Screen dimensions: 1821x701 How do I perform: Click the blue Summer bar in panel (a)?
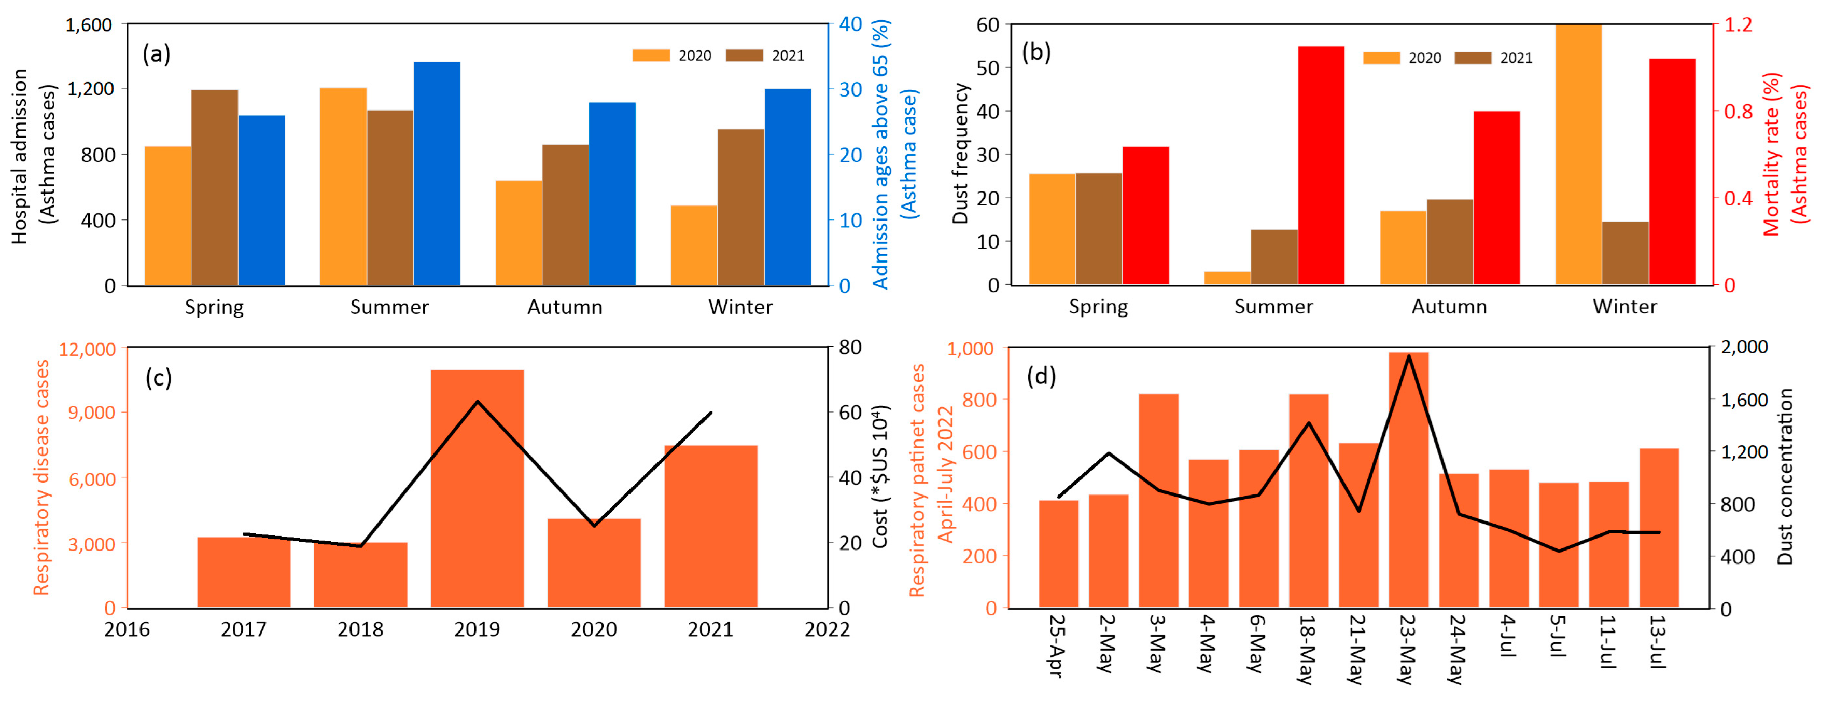(437, 174)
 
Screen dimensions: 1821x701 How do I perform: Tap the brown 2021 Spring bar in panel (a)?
(215, 187)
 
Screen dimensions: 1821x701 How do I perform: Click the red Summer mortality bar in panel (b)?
(1321, 166)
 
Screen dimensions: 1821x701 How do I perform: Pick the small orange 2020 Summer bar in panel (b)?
(1227, 278)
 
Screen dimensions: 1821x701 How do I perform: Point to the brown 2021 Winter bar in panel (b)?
(1625, 253)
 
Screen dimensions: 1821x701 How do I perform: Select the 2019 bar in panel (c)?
(477, 489)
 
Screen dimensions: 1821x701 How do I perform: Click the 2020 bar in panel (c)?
(594, 563)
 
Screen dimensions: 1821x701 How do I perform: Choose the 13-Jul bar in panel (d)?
(1658, 528)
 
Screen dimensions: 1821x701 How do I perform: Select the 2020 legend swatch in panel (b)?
(1381, 58)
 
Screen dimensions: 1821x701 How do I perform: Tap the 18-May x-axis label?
(1306, 649)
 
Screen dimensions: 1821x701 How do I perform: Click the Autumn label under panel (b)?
(1449, 306)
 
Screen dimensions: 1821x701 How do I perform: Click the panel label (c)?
(158, 378)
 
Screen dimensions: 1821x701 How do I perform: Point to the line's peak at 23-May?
(1409, 356)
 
